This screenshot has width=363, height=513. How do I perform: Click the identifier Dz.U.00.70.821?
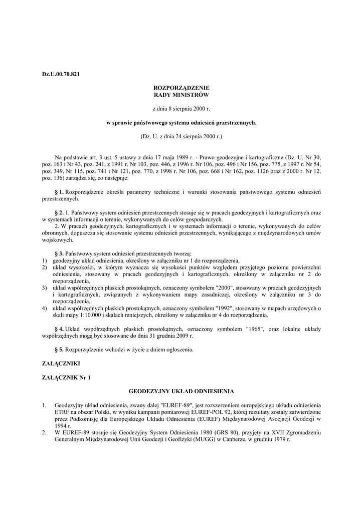pyautogui.click(x=61, y=74)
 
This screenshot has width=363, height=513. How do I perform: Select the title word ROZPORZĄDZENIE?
pyautogui.click(x=181, y=88)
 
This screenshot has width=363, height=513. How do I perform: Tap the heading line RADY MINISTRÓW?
pyautogui.click(x=181, y=94)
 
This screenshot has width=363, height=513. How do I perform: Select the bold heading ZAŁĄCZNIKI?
pyautogui.click(x=61, y=363)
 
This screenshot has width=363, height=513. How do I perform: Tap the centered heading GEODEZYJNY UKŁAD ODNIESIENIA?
pyautogui.click(x=181, y=390)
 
